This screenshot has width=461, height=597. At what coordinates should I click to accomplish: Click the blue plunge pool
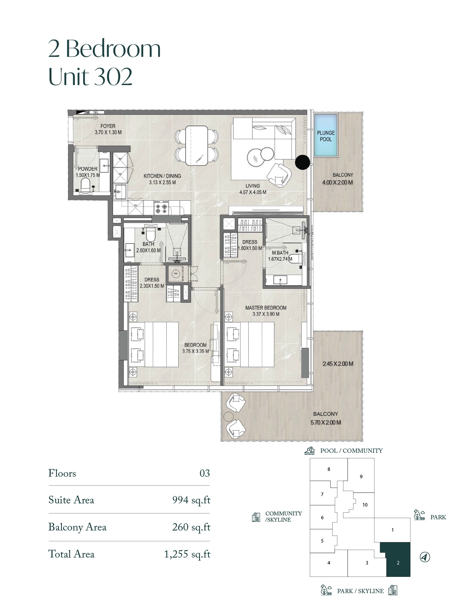tap(326, 135)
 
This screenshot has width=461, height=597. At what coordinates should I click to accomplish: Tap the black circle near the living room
tap(302, 162)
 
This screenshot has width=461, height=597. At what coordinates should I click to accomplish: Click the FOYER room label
tap(108, 126)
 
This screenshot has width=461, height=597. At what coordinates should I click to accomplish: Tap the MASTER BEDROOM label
tap(266, 308)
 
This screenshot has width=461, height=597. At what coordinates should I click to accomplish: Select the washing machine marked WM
tap(176, 274)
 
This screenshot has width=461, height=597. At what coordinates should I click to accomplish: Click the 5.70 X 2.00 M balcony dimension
tap(326, 423)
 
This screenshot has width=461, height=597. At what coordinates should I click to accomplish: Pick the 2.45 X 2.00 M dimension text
tap(338, 364)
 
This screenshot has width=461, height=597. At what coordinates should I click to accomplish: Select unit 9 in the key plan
tap(361, 477)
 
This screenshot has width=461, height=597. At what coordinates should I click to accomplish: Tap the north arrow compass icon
tap(425, 558)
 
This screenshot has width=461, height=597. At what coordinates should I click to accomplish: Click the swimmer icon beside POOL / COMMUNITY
tap(309, 451)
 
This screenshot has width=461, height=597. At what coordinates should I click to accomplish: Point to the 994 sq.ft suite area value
tap(191, 500)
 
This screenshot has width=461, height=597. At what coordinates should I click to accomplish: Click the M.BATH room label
tap(280, 253)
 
